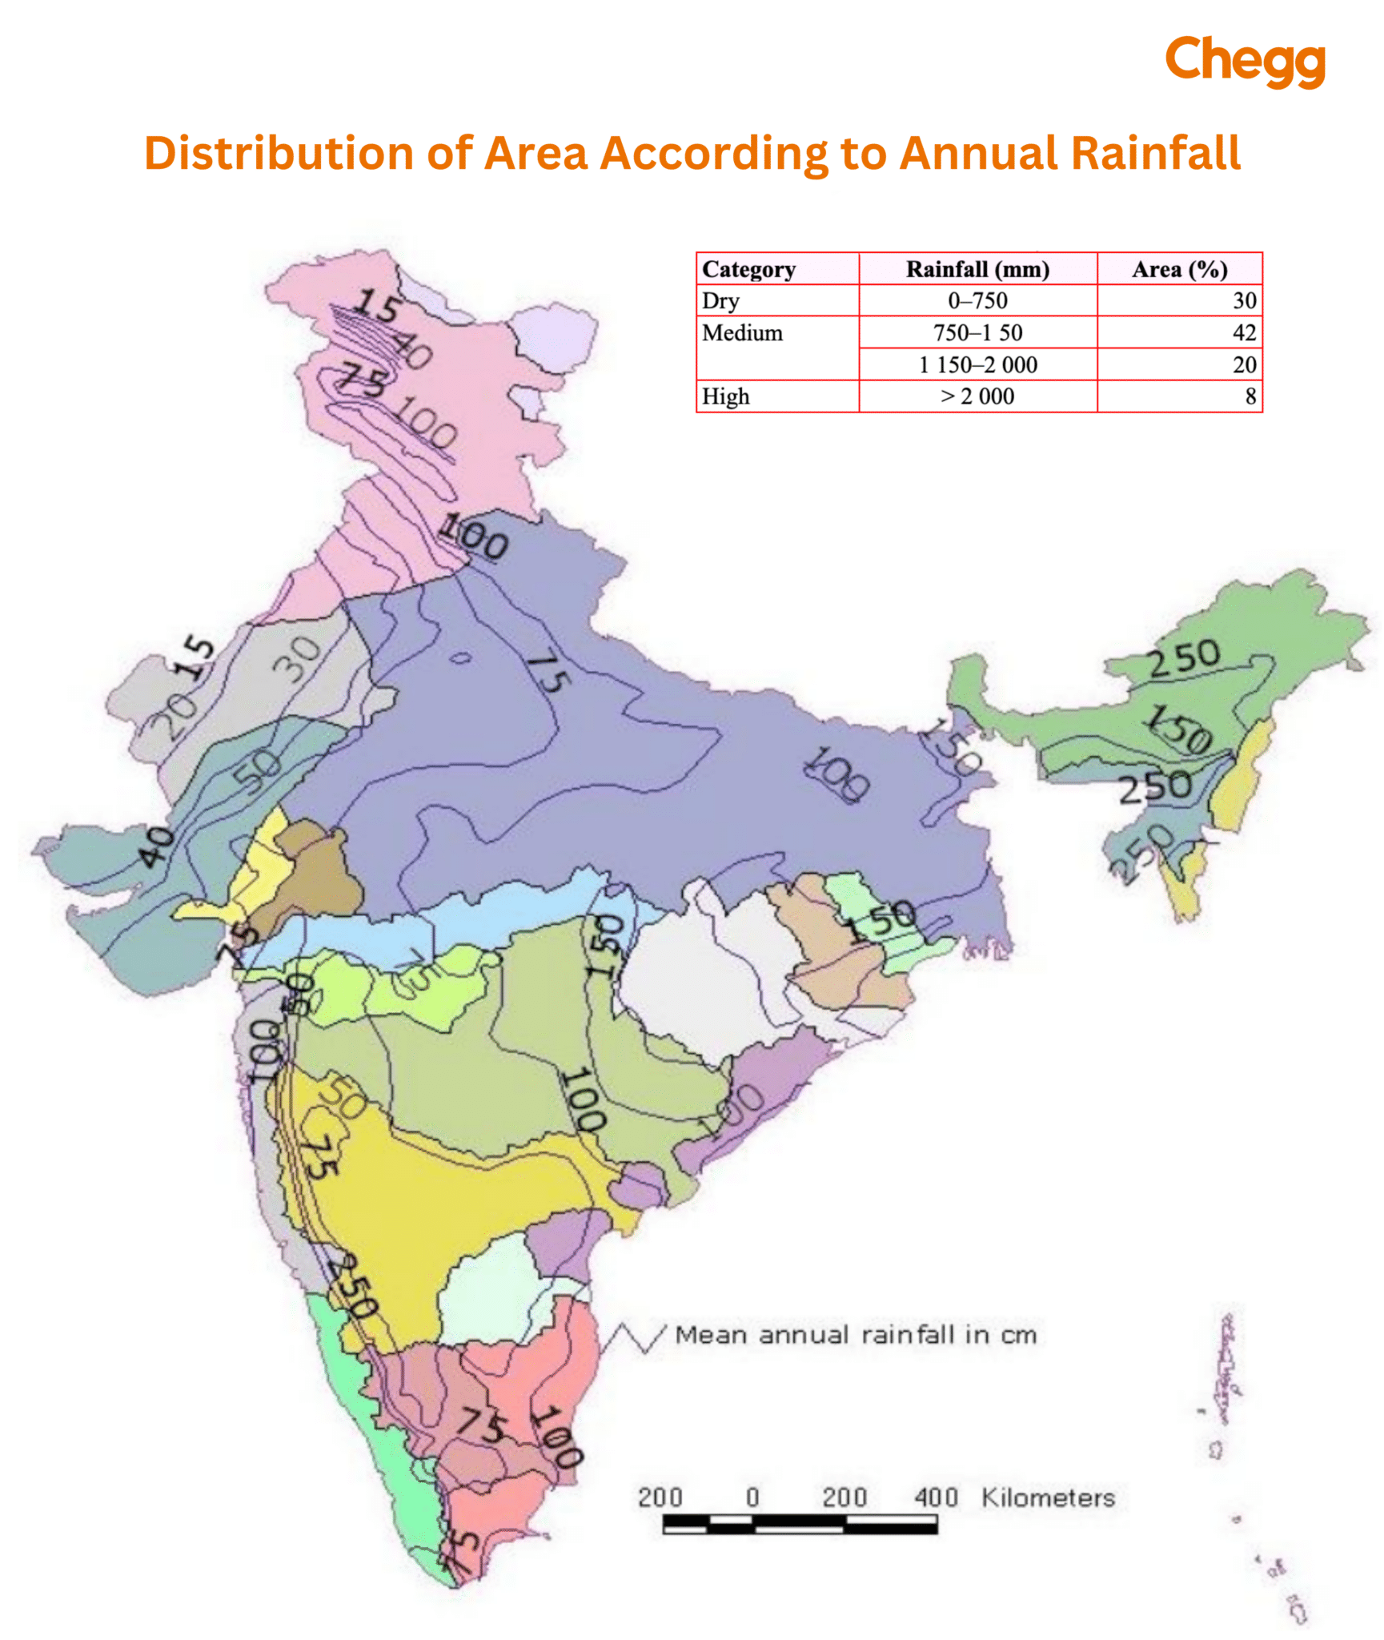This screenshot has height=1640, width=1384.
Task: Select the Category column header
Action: [x=748, y=269]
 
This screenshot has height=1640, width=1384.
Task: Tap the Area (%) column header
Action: [x=1178, y=269]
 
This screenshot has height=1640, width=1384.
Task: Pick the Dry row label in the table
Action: [x=720, y=300]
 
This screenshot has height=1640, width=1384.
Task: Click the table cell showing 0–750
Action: [x=977, y=300]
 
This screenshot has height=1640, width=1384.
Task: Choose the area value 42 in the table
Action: [x=1243, y=332]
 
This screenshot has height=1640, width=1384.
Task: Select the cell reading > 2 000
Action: [x=977, y=396]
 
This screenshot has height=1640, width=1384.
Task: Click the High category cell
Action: [x=725, y=396]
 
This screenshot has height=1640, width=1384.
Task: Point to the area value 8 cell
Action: [x=1250, y=396]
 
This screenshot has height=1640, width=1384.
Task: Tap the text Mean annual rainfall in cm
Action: [x=855, y=1335]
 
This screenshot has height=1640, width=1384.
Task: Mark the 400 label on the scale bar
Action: [x=935, y=1497]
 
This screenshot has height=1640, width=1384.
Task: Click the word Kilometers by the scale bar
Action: [x=1047, y=1497]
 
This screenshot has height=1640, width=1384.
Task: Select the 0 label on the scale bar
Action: [x=752, y=1497]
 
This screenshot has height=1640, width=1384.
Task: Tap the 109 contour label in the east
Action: [x=836, y=774]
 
